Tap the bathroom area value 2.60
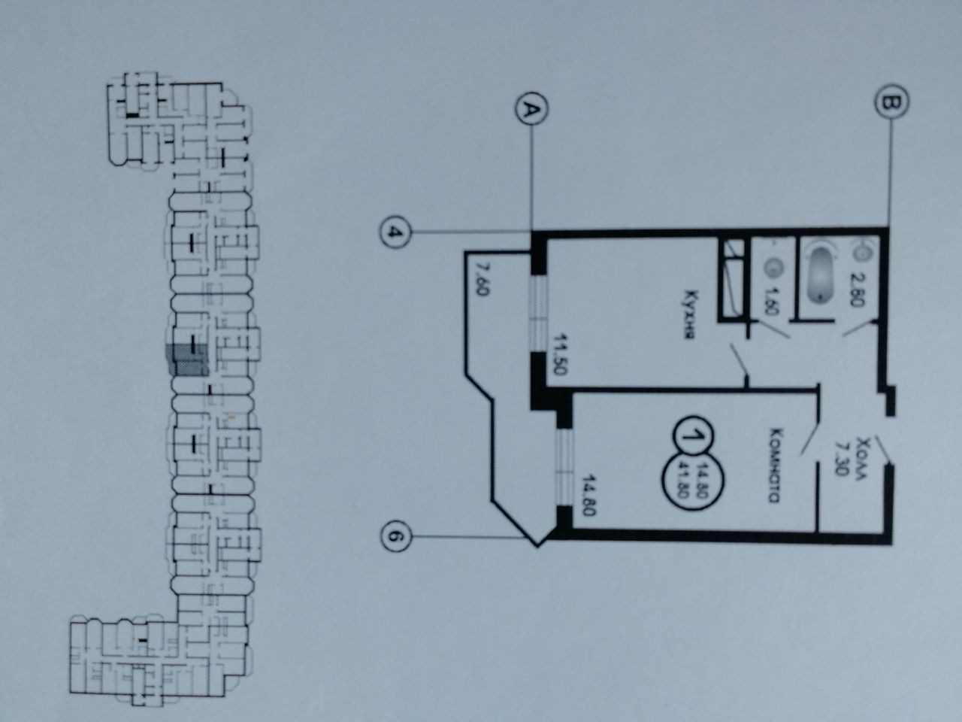pyautogui.click(x=860, y=287)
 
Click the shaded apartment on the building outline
pyautogui.click(x=188, y=360)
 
